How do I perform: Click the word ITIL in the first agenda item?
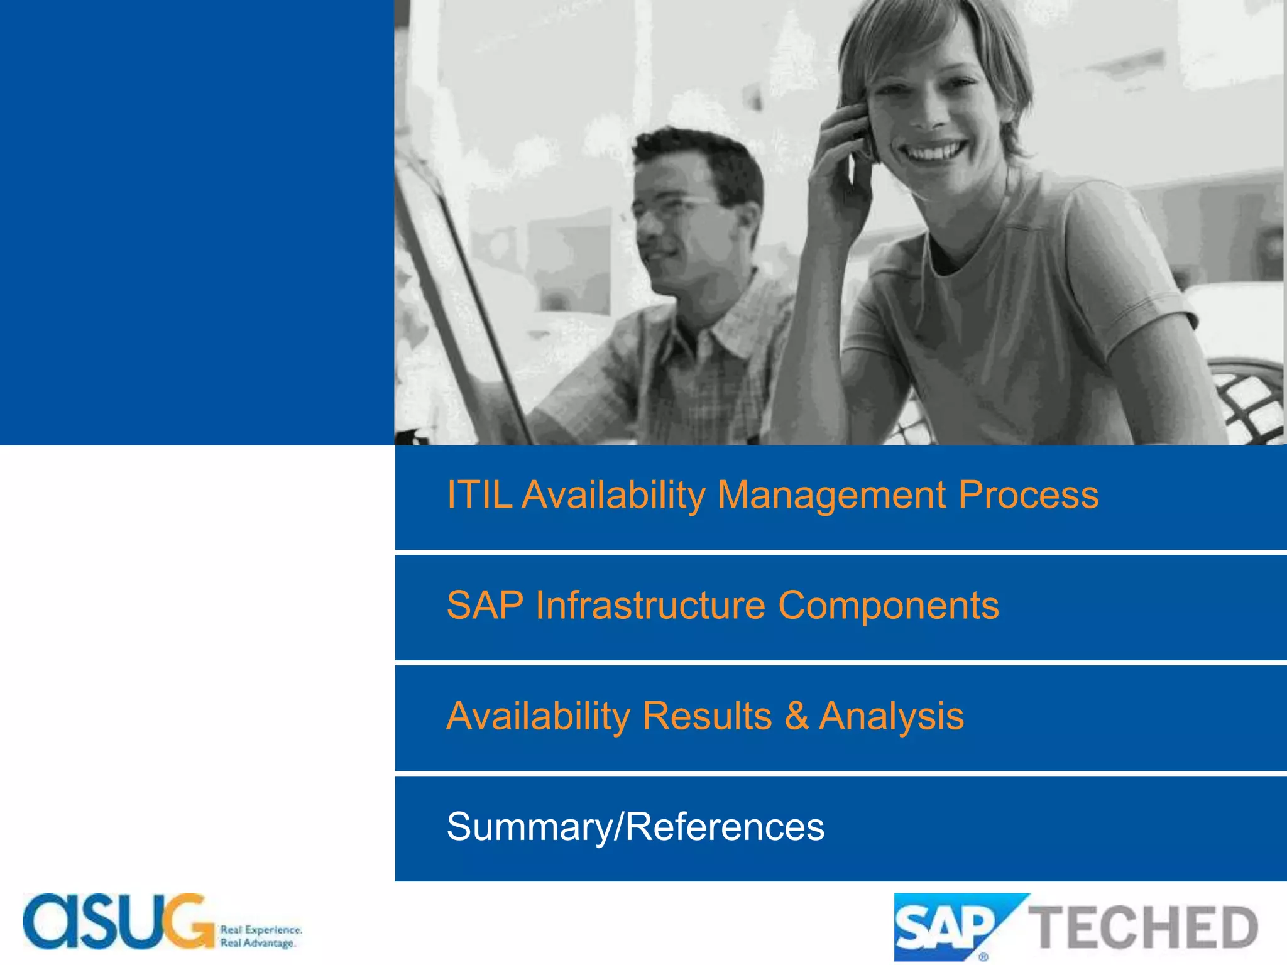coord(479,495)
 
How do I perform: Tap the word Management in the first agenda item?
coord(831,495)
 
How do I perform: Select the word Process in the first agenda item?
coord(1029,495)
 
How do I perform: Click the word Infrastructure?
coord(650,606)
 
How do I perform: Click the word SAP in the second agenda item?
coord(485,606)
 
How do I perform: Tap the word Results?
coord(707,716)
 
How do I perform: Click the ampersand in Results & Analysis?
coord(796,716)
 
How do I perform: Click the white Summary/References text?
coord(635,827)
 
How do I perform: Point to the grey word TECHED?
coord(1142,927)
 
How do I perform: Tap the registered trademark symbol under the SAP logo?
coord(983,957)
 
